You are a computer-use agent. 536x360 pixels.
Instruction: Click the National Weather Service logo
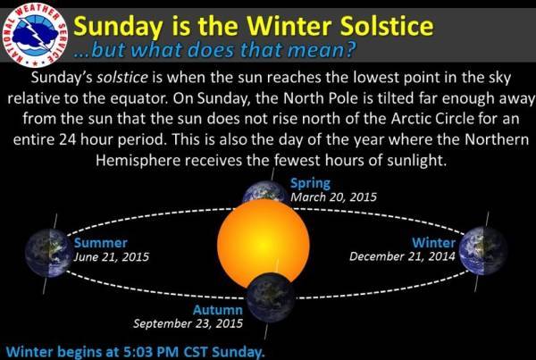pos(35,35)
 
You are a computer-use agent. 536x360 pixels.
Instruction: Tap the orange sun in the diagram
pos(264,244)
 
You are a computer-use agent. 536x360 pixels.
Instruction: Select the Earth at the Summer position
pos(49,253)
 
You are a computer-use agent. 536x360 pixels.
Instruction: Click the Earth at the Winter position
pos(483,251)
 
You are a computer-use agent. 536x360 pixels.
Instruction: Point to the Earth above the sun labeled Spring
pos(265,192)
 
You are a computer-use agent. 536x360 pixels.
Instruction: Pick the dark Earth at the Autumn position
pos(271,297)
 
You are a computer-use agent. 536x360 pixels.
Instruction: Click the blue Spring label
pos(310,184)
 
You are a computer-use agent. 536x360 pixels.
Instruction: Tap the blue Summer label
pos(101,243)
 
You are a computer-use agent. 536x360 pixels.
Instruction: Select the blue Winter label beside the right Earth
pos(433,243)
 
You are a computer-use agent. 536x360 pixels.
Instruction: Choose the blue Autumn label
pos(218,310)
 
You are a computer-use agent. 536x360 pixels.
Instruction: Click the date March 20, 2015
pos(333,197)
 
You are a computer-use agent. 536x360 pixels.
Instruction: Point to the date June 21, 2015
pos(112,256)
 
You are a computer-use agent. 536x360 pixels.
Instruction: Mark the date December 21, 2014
pos(402,256)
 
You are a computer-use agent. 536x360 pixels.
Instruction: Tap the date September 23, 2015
pos(188,323)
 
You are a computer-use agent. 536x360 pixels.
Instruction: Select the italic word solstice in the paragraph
pos(122,78)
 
